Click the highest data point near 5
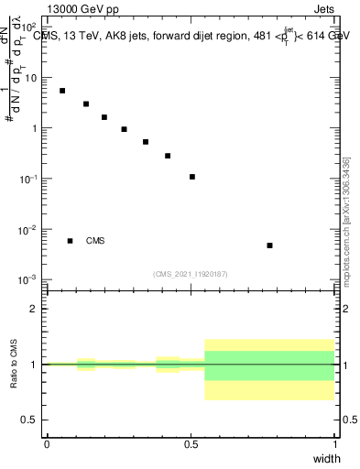[62, 91]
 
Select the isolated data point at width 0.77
[269, 245]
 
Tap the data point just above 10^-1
[192, 177]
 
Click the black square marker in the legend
[70, 241]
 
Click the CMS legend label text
[95, 241]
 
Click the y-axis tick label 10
[31, 79]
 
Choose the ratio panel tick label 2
[35, 309]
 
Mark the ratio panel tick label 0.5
[31, 420]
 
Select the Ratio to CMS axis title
[14, 364]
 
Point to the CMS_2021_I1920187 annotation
[191, 274]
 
